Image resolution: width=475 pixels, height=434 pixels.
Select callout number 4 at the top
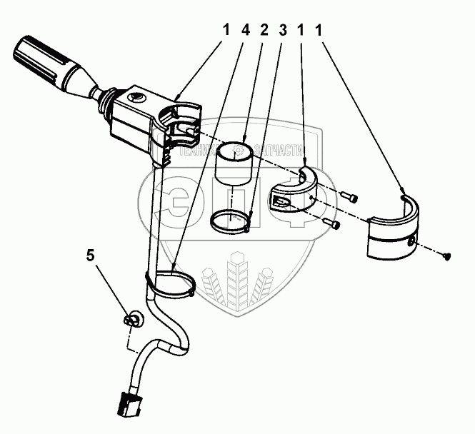pos(246,31)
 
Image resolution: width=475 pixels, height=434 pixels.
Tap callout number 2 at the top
pos(264,31)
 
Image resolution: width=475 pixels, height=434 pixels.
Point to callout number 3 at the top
pos(282,31)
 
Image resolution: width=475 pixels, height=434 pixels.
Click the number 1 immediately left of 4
pos(226,31)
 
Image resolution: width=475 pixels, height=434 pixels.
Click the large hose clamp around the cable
pos(171,285)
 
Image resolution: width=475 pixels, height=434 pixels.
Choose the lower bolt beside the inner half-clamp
pos(332,224)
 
